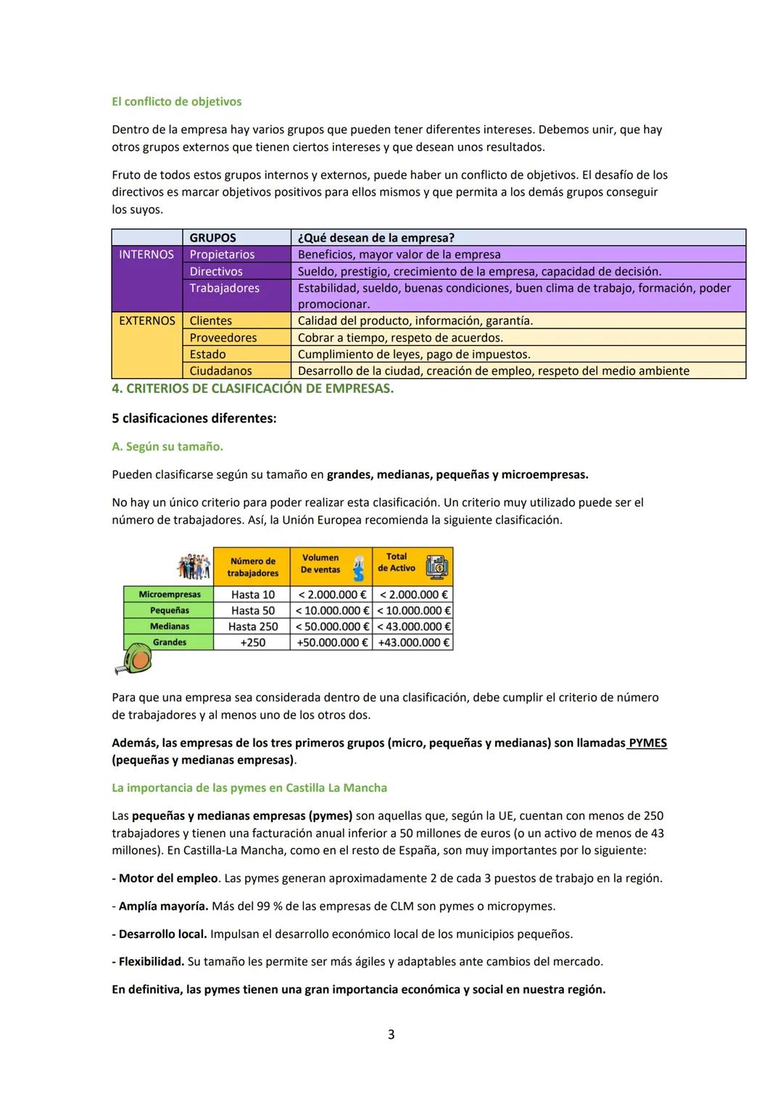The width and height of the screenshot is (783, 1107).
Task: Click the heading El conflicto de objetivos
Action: click(176, 101)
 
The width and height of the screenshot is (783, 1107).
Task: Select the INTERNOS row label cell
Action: click(146, 254)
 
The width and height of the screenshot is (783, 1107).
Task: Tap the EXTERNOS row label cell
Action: click(146, 320)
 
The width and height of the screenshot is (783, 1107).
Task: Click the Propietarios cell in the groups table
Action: click(222, 254)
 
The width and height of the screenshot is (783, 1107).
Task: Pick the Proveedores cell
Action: click(223, 338)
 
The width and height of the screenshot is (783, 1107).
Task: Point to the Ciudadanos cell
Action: click(220, 371)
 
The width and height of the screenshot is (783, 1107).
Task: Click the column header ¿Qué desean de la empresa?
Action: click(376, 238)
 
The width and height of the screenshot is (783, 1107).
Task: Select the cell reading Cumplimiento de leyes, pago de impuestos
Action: click(414, 355)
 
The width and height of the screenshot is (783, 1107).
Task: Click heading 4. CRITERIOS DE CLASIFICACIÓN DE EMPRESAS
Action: click(252, 389)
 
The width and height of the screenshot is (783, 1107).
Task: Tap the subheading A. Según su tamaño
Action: click(167, 447)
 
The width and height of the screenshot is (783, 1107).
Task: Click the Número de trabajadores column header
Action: click(252, 567)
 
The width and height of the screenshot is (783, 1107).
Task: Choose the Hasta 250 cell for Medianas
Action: click(253, 626)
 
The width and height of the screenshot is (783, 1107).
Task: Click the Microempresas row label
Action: click(169, 594)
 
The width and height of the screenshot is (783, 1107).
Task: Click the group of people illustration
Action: click(194, 566)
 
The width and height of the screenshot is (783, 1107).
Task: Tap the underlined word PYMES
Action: click(647, 743)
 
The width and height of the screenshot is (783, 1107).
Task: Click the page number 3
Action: click(391, 1035)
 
